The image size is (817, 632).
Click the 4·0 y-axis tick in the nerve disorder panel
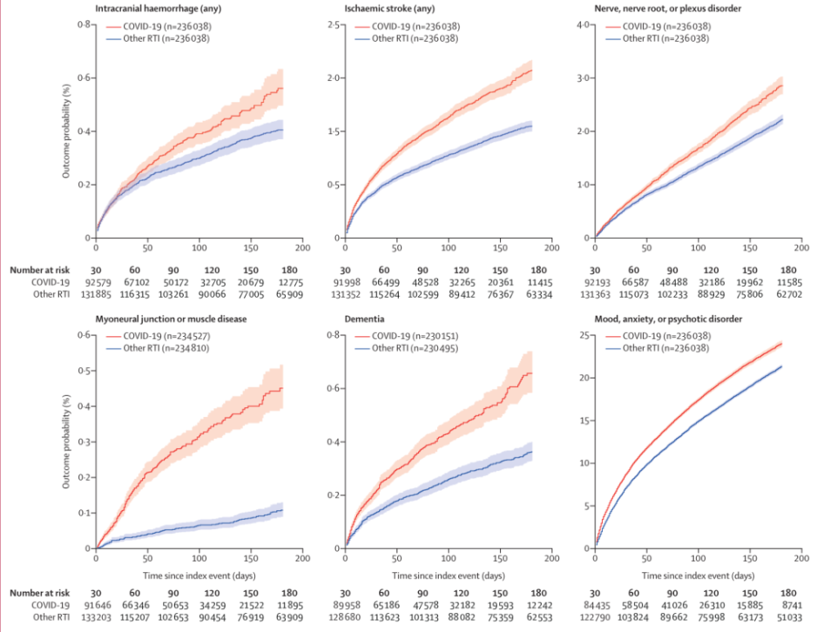(583, 25)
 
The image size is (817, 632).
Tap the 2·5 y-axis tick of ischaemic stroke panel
(334, 25)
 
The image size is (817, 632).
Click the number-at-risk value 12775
(288, 283)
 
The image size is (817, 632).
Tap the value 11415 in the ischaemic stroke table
(538, 283)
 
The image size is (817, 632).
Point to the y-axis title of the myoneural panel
(66, 441)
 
